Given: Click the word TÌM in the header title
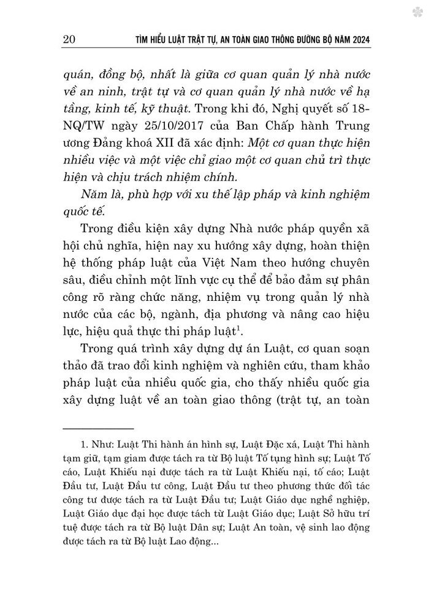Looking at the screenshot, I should click(143, 41).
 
